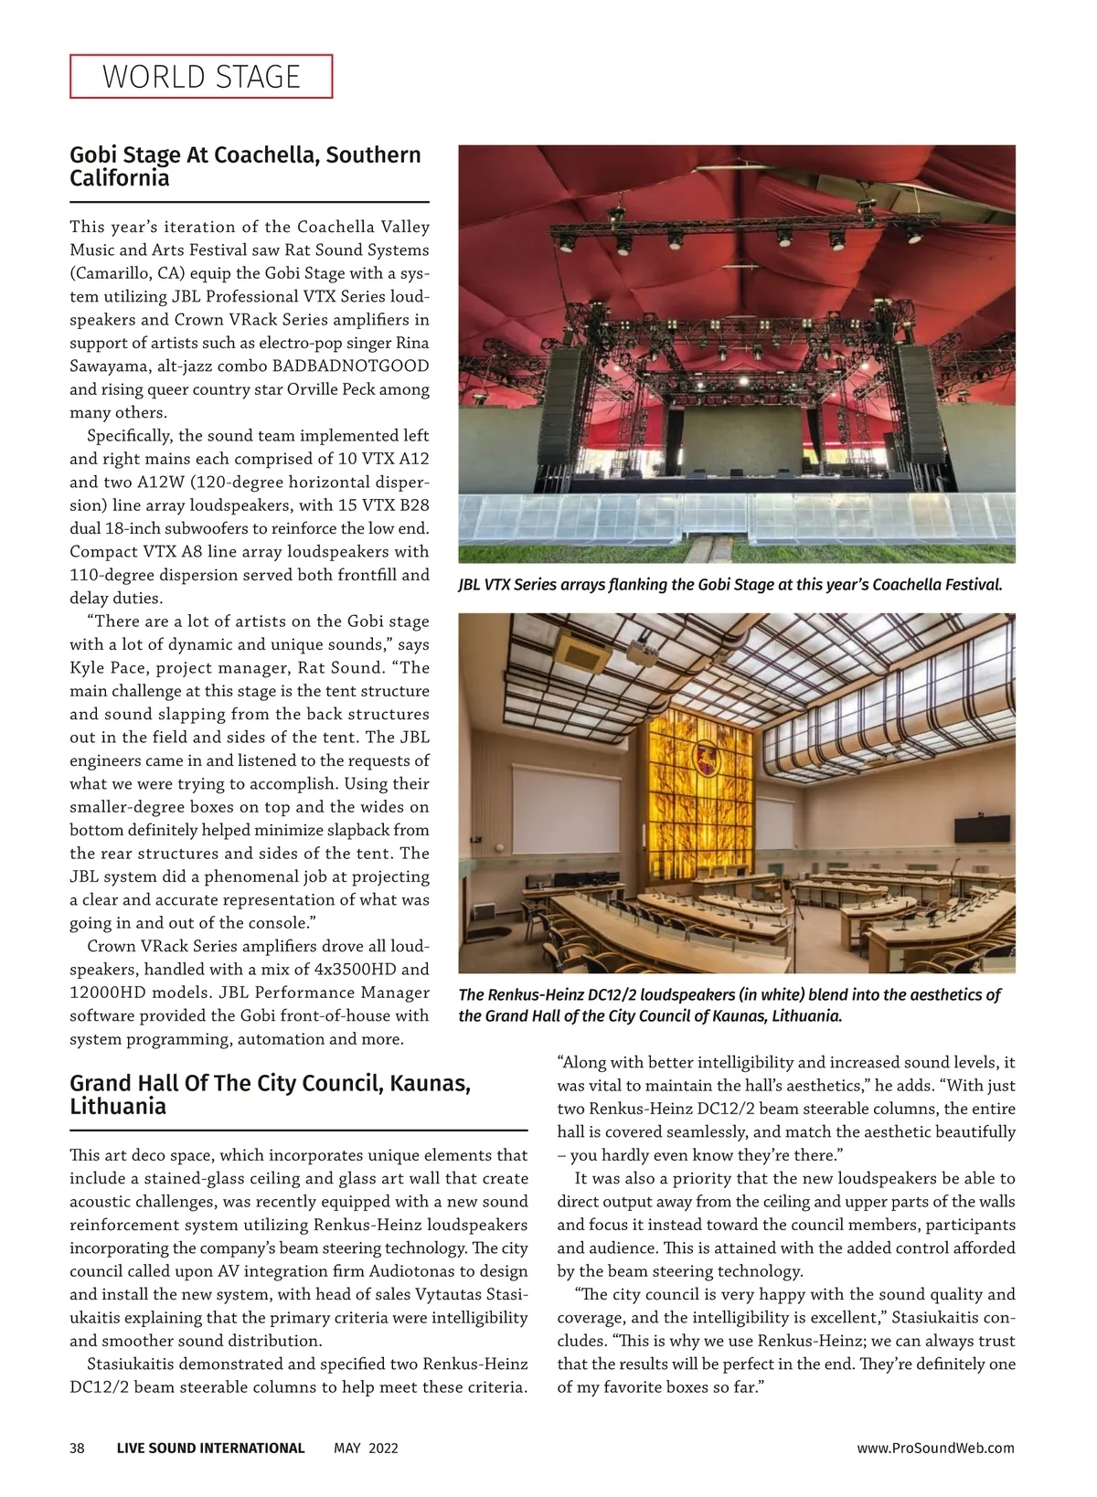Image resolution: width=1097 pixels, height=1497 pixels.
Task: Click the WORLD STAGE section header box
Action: point(201,77)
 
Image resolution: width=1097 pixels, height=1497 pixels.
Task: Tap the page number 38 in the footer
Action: point(77,1448)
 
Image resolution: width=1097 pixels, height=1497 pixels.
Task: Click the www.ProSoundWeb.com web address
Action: point(935,1448)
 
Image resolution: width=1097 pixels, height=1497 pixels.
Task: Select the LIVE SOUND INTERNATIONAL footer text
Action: point(210,1448)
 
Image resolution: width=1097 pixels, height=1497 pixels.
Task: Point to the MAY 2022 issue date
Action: point(366,1448)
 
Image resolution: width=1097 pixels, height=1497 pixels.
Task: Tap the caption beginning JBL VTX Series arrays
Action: point(730,584)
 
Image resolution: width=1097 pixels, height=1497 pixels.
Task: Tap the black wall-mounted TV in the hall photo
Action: point(982,828)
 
